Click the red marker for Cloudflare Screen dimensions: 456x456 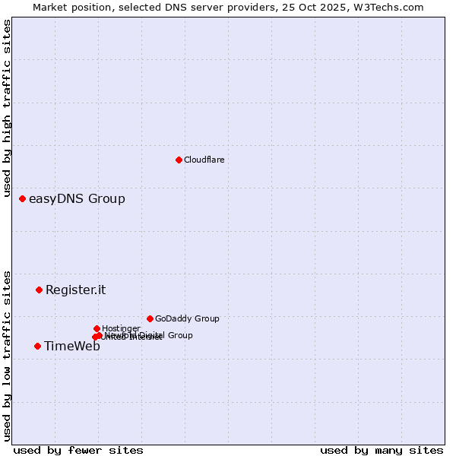pos(179,160)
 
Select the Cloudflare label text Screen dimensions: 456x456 pos(204,160)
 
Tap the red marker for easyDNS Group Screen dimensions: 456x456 pos(22,198)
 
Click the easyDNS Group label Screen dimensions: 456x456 pos(77,199)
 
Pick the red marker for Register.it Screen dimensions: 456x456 pos(39,290)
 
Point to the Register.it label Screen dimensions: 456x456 pos(75,290)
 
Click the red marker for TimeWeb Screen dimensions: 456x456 pos(37,346)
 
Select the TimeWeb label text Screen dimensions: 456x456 pos(71,347)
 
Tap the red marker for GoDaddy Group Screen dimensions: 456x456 pos(150,318)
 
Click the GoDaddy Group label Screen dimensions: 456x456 pos(187,319)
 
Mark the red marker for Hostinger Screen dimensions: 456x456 pos(97,328)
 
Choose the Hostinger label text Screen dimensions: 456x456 pos(121,329)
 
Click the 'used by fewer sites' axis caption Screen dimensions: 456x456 pos(78,450)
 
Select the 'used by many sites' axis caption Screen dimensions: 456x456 pos(382,450)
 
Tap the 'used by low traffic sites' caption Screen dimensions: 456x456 pos(8,355)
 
